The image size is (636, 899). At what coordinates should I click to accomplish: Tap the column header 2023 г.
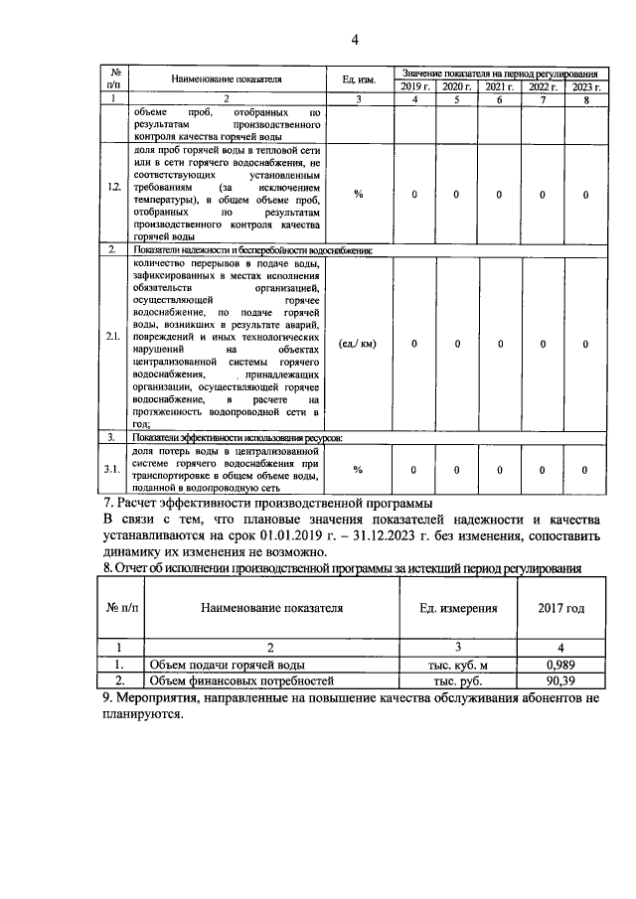tap(585, 87)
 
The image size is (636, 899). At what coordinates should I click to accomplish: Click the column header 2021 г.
tap(500, 87)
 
